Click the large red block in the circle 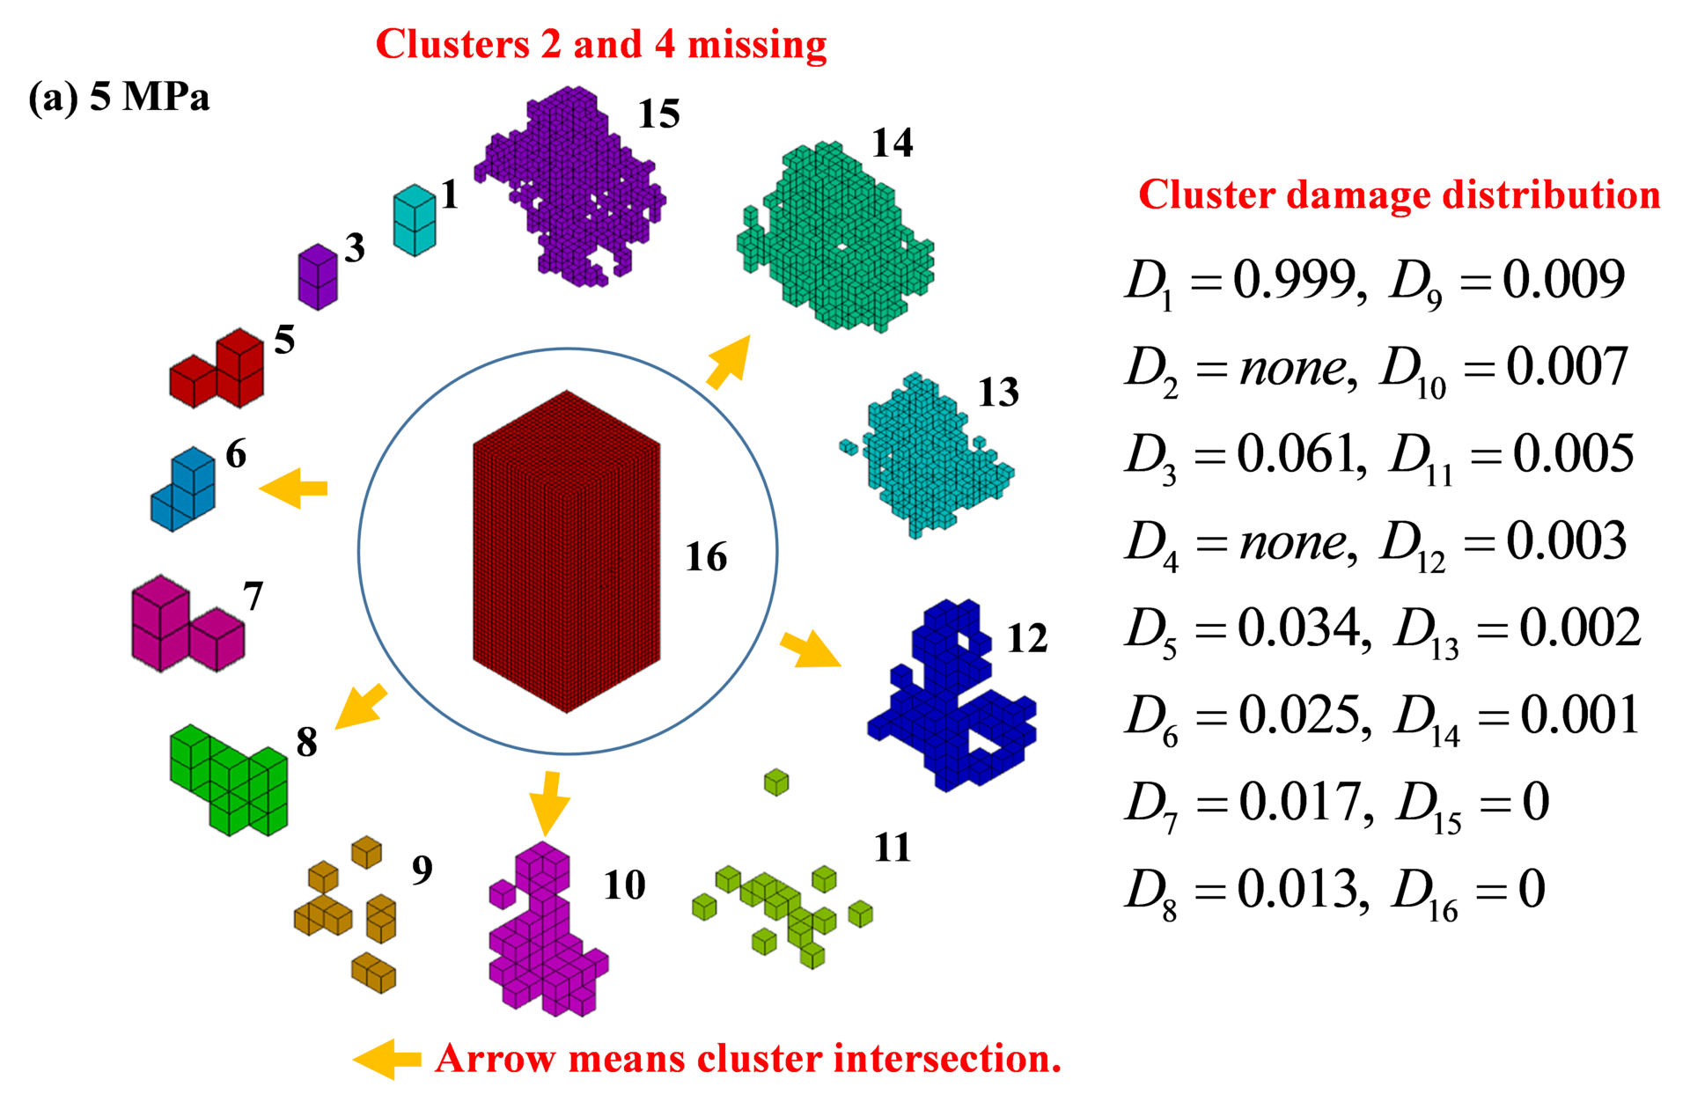pyautogui.click(x=566, y=550)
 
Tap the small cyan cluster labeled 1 pyautogui.click(x=414, y=219)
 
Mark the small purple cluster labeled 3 pyautogui.click(x=318, y=275)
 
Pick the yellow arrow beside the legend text pyautogui.click(x=387, y=1059)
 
